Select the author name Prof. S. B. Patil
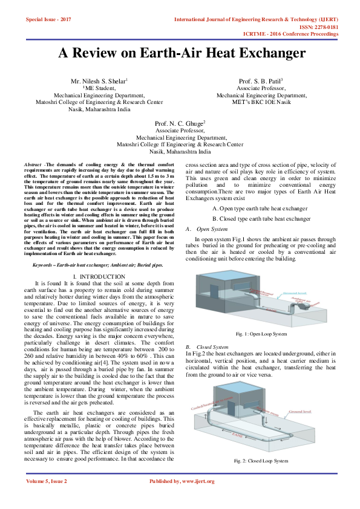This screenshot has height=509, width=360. click(x=261, y=81)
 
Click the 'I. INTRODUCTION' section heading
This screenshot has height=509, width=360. click(x=99, y=276)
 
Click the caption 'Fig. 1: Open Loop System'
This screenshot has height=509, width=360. click(x=261, y=334)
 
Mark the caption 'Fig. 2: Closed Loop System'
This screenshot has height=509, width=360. click(x=261, y=461)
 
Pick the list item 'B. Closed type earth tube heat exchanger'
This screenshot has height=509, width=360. click(x=261, y=218)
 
